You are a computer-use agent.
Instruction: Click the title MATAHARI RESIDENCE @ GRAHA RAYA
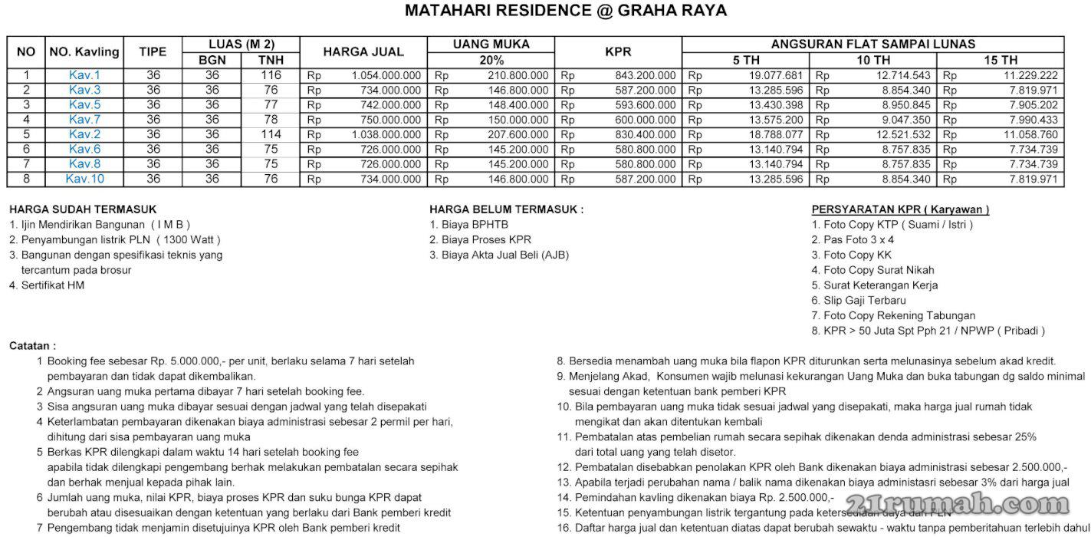tap(565, 11)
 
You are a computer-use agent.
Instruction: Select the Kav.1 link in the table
tap(84, 75)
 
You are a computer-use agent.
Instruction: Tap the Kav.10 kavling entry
tap(84, 179)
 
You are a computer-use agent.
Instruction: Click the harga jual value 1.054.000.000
tap(386, 75)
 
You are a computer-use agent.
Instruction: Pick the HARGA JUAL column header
tap(363, 51)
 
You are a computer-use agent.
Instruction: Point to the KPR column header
tap(617, 51)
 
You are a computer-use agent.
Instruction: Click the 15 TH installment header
tap(1001, 60)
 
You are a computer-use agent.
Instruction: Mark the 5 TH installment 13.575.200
tap(776, 120)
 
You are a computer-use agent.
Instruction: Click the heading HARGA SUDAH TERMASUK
tap(83, 209)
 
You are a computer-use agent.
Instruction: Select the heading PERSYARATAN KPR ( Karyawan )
tap(900, 209)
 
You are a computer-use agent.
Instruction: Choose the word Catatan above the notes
tap(32, 346)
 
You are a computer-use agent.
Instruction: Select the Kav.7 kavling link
tap(84, 120)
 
